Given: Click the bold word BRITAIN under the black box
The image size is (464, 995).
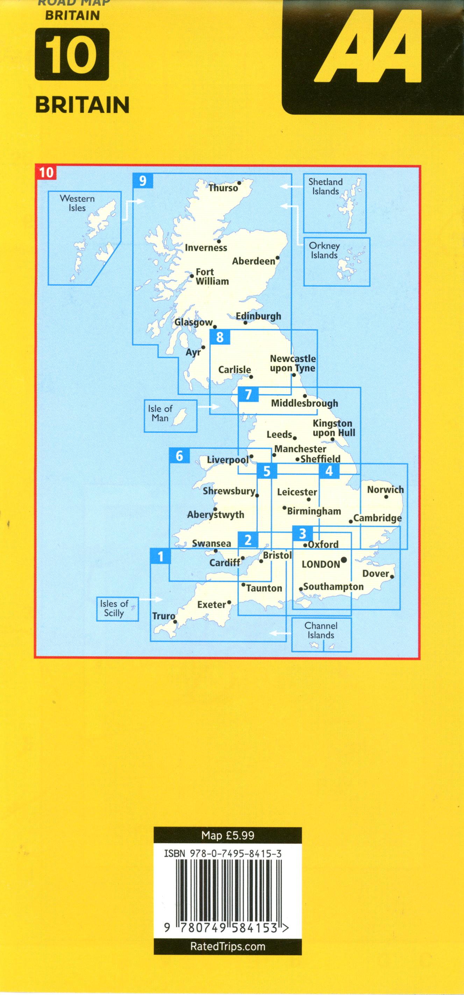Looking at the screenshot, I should tap(82, 105).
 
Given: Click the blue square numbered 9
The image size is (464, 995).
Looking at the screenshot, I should tap(143, 180).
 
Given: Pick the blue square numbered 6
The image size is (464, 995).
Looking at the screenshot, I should tap(179, 456).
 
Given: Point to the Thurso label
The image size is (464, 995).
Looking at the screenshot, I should tap(223, 188).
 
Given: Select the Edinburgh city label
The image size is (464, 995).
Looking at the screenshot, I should tap(258, 316).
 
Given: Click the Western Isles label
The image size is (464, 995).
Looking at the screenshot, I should tap(77, 203).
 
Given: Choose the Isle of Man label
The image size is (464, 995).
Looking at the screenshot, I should tap(160, 413).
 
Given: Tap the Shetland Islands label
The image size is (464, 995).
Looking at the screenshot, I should tap(325, 187).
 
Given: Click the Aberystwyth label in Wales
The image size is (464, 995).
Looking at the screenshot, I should tap(216, 515).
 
